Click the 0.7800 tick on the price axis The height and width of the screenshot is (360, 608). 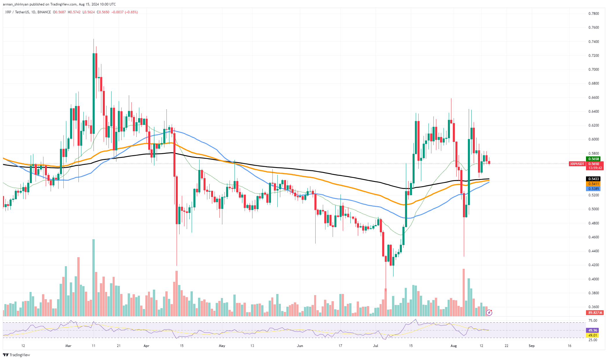[x=593, y=14]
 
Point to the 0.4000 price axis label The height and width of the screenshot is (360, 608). [x=593, y=279]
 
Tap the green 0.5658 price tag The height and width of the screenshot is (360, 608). [x=593, y=159]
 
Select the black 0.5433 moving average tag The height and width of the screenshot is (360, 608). [x=593, y=179]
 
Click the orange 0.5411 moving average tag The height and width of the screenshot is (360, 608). [x=593, y=184]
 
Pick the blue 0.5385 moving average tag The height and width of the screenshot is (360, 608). [x=593, y=189]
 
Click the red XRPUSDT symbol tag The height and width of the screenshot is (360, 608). [x=577, y=164]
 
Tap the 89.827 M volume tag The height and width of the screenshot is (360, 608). [x=595, y=313]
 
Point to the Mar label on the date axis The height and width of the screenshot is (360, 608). [x=68, y=346]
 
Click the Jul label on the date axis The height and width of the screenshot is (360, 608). [x=376, y=346]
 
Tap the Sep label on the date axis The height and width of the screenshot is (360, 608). [x=532, y=346]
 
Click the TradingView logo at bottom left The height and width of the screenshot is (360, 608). [x=17, y=355]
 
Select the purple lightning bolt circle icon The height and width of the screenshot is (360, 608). [x=489, y=313]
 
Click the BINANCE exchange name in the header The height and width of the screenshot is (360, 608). [x=44, y=12]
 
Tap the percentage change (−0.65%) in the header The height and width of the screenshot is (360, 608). [x=131, y=12]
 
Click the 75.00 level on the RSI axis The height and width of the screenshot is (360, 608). [x=593, y=321]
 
